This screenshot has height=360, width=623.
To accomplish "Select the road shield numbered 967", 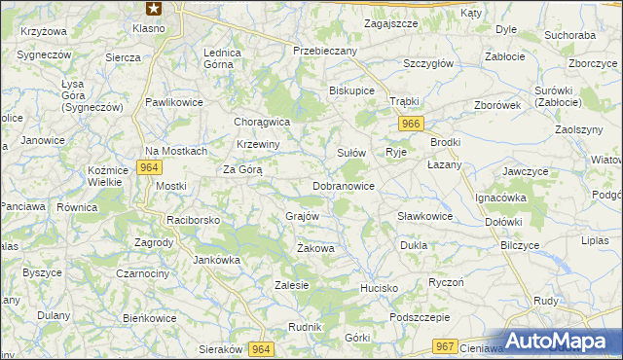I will [x=446, y=346].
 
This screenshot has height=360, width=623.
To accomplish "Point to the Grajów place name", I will [x=302, y=216].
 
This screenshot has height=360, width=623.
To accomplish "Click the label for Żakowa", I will [x=315, y=249].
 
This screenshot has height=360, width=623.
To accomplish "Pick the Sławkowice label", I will [x=424, y=216].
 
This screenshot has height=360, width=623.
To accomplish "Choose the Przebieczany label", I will [x=325, y=50].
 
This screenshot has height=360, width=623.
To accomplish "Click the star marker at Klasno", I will [x=153, y=9].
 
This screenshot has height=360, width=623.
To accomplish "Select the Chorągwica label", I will [x=263, y=122].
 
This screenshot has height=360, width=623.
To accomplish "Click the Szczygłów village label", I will [x=429, y=63].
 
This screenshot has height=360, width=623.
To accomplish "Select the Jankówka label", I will [x=216, y=260].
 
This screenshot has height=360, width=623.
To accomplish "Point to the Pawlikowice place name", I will [x=173, y=101].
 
